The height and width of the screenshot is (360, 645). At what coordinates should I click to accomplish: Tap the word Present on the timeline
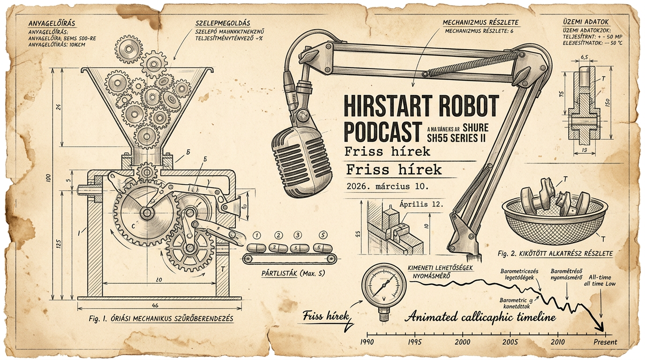(x=605, y=342)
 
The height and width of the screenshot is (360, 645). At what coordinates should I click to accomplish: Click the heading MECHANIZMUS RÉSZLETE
(x=480, y=22)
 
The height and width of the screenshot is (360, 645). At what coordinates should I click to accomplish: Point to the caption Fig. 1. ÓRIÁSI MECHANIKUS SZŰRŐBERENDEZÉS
(x=161, y=319)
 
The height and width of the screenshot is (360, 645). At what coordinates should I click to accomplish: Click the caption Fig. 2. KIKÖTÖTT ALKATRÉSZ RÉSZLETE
(x=555, y=254)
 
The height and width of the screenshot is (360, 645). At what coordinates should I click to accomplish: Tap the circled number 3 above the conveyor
(x=297, y=235)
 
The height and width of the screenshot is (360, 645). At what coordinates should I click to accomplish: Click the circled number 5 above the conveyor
(x=322, y=235)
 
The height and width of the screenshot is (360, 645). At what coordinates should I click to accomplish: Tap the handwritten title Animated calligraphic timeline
(x=480, y=317)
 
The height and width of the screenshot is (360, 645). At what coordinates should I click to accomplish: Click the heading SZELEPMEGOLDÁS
(x=222, y=22)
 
